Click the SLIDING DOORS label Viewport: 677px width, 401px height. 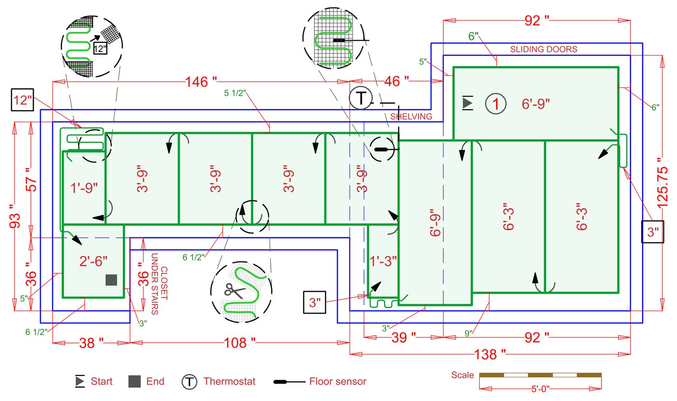coord(544,49)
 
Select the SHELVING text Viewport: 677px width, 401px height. coord(411,116)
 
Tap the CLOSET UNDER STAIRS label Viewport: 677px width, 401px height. coord(159,284)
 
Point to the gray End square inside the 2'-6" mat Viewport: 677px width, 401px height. coord(112,280)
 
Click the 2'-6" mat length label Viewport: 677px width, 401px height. coord(93,261)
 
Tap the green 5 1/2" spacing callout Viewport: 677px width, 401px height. coord(236,93)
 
